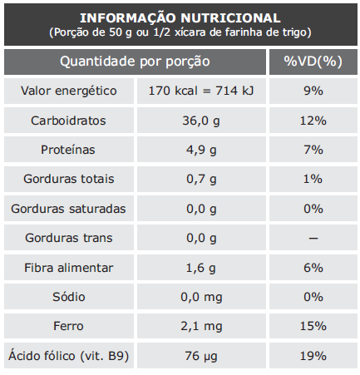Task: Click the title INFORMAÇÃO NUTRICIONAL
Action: click(180, 18)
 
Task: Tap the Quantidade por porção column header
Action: click(135, 62)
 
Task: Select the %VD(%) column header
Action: click(313, 62)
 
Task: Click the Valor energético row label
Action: click(69, 91)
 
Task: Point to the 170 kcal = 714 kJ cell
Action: click(201, 91)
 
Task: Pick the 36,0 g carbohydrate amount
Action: click(201, 121)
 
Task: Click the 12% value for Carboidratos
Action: click(313, 121)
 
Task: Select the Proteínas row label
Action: click(68, 150)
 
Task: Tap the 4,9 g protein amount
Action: click(201, 150)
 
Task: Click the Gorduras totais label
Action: click(69, 179)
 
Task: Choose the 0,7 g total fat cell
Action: click(201, 180)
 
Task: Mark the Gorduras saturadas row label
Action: click(68, 209)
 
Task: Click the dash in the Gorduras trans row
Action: click(313, 238)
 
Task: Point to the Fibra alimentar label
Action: click(69, 268)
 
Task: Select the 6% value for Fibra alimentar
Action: click(313, 268)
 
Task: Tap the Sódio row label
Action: click(69, 297)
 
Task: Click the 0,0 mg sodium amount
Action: click(201, 298)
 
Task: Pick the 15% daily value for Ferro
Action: click(313, 326)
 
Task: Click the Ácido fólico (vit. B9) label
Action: click(69, 356)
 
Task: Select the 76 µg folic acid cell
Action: click(201, 357)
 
